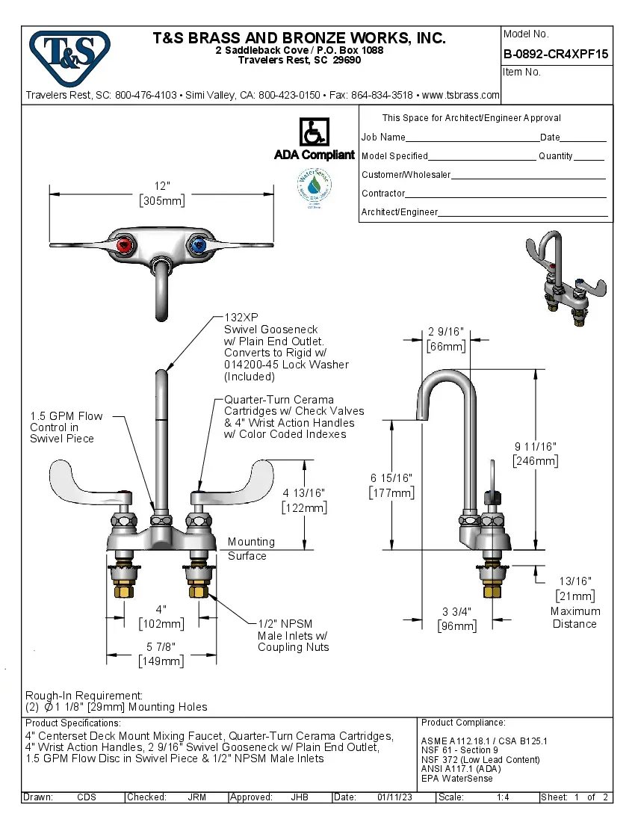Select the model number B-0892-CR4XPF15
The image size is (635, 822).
[x=556, y=54]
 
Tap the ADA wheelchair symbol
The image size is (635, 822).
[x=314, y=132]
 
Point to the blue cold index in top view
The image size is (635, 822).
[x=198, y=245]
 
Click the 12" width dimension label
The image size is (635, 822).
[x=162, y=186]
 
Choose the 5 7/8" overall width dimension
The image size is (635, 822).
[x=161, y=648]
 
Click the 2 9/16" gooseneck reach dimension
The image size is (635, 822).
[x=446, y=333]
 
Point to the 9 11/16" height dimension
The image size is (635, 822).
[x=535, y=447]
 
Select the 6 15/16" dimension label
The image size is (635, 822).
[x=391, y=478]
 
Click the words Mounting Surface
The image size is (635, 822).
[x=251, y=548]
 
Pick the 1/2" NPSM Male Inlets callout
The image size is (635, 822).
[x=293, y=635]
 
